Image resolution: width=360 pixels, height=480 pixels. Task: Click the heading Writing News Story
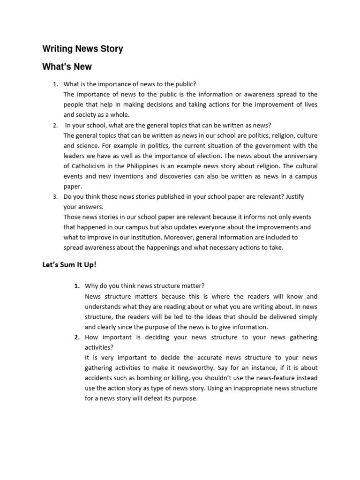tap(82, 49)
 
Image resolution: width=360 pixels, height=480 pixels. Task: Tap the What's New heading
tap(67, 67)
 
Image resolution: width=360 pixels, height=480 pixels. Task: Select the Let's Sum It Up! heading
tap(69, 265)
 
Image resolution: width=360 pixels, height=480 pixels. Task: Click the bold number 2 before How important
tap(76, 337)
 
